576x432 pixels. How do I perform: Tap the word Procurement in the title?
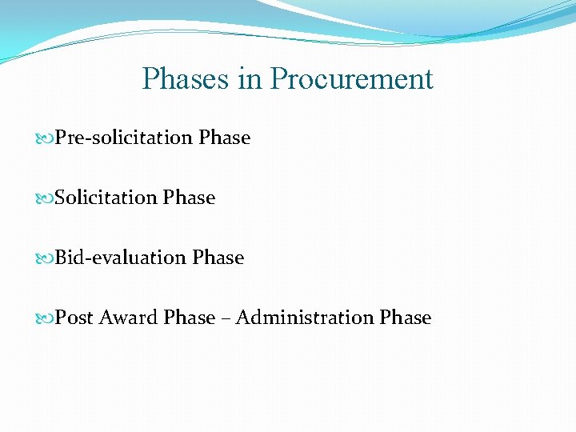point(351,79)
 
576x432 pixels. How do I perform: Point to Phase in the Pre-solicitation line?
point(225,138)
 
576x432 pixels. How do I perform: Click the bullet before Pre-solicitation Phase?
point(46,138)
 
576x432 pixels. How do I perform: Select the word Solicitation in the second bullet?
point(106,198)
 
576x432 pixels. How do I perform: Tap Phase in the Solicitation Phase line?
point(189,198)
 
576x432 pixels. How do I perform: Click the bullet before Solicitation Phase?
point(46,198)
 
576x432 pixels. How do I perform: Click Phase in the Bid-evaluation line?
point(218,258)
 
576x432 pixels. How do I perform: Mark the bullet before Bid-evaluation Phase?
point(46,258)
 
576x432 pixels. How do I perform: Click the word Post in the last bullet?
point(74,318)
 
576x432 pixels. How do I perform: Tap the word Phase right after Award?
point(190,318)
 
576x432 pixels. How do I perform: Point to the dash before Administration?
point(226,318)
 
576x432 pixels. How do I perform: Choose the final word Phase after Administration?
point(406,318)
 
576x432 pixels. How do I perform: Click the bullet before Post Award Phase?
point(46,318)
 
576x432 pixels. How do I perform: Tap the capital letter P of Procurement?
point(278,79)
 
